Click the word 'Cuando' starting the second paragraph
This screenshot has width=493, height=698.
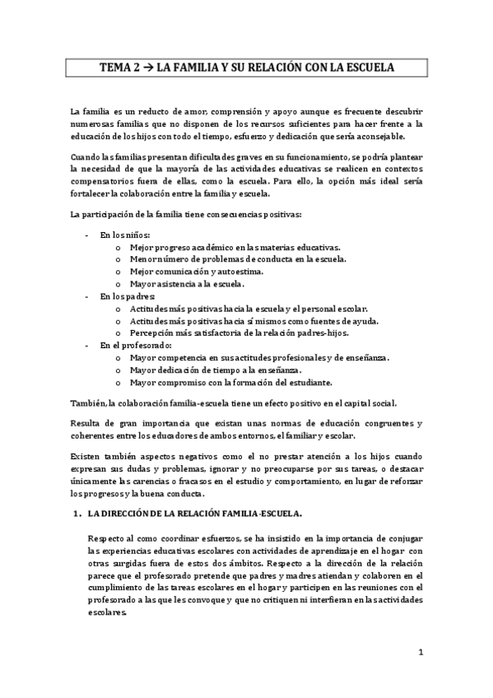(x=86, y=157)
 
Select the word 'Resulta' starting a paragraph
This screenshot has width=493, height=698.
(x=86, y=424)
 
